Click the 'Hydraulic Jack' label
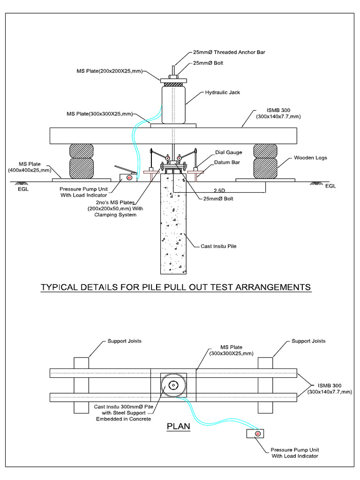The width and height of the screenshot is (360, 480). [x=222, y=92]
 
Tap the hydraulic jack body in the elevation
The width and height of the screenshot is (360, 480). [x=173, y=104]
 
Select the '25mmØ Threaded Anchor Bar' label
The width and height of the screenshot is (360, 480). [x=229, y=52]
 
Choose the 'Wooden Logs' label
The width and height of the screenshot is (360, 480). [x=310, y=158]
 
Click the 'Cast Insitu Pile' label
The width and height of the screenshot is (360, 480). [x=219, y=246]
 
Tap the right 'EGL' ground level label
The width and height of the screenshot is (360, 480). [x=331, y=186]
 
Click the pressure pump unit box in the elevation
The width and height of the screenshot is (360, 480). [x=127, y=177]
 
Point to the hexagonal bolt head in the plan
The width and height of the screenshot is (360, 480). [x=173, y=385]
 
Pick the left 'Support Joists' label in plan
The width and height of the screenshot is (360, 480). [x=124, y=341]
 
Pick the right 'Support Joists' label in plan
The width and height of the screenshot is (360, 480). [x=308, y=341]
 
